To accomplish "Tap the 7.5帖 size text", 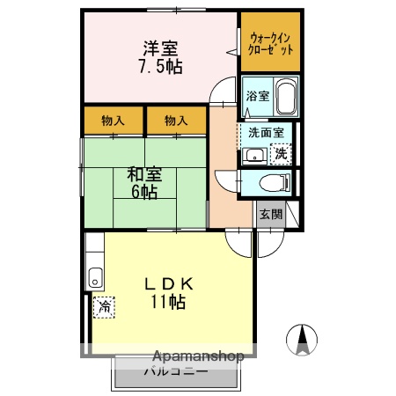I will click(x=159, y=68).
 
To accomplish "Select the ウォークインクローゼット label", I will click(x=271, y=41).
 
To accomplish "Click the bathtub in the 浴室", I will click(x=285, y=93).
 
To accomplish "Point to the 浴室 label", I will click(x=257, y=96).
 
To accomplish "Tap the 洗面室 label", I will click(x=265, y=133).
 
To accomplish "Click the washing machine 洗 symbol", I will click(x=282, y=153).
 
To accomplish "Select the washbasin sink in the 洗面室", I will click(x=254, y=156).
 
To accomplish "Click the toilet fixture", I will click(x=276, y=183).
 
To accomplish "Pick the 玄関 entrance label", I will click(x=270, y=215).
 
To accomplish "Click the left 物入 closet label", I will click(x=113, y=120).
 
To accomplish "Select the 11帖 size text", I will click(x=167, y=303).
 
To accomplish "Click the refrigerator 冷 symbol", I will click(x=103, y=306).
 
